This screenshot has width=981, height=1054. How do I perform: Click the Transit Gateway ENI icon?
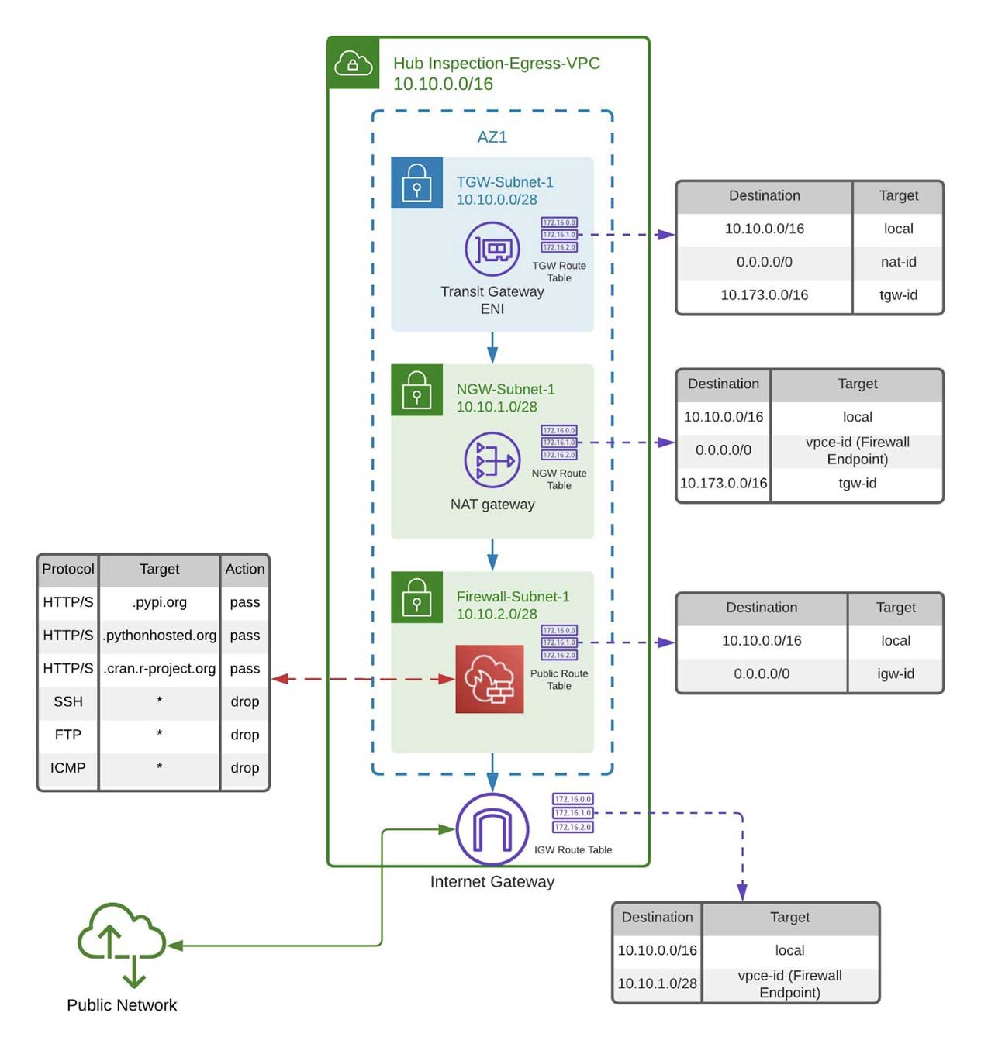(492, 249)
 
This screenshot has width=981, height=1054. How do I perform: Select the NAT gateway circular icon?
(492, 460)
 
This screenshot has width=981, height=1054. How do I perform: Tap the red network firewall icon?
(489, 679)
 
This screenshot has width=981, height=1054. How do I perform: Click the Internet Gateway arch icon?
(492, 829)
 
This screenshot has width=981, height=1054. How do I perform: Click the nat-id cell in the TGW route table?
(898, 262)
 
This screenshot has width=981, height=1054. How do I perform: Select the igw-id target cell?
(895, 673)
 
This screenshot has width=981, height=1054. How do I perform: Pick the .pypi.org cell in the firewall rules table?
(160, 602)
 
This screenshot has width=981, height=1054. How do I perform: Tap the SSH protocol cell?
(68, 701)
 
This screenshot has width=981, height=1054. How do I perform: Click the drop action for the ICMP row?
(244, 767)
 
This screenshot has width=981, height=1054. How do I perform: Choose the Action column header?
(244, 569)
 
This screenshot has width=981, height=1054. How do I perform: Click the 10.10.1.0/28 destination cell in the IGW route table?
(657, 983)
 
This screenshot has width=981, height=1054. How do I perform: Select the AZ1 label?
(492, 137)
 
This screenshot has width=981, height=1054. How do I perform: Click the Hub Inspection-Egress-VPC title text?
(496, 64)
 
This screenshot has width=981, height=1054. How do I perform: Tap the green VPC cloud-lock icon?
(354, 63)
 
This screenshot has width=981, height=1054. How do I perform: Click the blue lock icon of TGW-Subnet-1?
(416, 183)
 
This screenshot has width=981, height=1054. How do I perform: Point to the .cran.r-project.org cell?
(160, 668)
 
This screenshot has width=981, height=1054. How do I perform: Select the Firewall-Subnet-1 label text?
(513, 597)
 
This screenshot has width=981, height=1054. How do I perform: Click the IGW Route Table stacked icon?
(572, 813)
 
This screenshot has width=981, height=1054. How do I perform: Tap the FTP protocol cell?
(68, 735)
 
